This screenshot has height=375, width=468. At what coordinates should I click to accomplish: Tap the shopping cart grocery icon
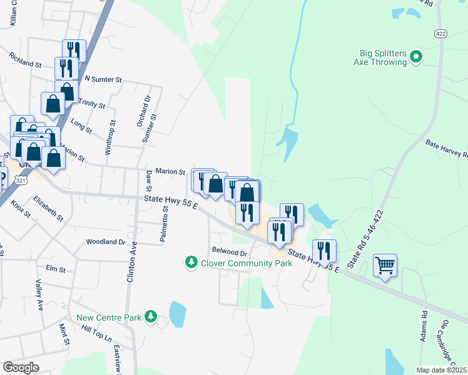click(x=385, y=265)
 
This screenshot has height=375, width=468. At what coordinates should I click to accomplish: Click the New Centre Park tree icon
click(x=150, y=317)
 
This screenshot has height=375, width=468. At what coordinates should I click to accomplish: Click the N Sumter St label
click(x=103, y=80)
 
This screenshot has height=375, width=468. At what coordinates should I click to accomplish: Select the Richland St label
click(x=25, y=60)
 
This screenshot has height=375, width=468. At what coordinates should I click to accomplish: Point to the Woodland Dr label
click(x=106, y=241)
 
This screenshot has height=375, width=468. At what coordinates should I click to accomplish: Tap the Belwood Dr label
click(x=230, y=252)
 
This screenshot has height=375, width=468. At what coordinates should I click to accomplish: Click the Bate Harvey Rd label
click(x=447, y=149)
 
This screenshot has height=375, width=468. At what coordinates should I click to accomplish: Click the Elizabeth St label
click(x=48, y=208)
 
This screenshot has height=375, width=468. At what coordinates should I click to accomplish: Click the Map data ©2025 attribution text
click(x=441, y=370)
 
